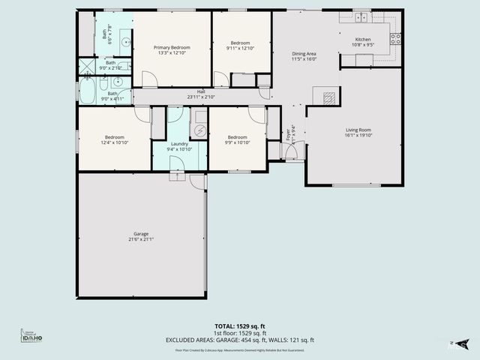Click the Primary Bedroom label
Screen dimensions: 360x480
(172, 47)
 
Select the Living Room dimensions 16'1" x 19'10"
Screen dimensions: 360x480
(358, 136)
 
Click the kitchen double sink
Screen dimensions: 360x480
(361, 17)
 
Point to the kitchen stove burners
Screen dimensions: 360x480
(395, 38)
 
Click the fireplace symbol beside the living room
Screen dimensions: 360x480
(328, 97)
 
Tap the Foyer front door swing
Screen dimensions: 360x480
(292, 152)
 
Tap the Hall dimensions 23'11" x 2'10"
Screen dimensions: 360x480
(201, 97)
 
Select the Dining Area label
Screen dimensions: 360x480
(304, 53)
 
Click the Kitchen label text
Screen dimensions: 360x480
(362, 39)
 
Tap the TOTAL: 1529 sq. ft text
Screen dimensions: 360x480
(239, 325)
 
